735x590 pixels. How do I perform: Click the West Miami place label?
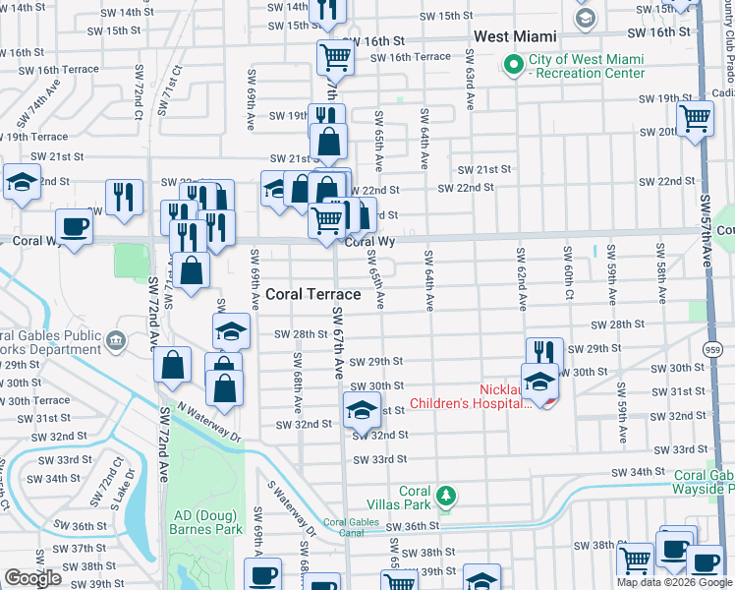(x=515, y=36)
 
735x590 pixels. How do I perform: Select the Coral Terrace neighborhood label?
(x=313, y=294)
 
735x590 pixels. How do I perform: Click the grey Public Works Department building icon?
(x=115, y=341)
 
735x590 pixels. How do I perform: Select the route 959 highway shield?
(x=713, y=348)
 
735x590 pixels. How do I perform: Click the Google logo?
(x=33, y=578)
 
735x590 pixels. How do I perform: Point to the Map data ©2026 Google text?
(x=673, y=582)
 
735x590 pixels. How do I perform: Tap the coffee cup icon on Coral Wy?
(x=75, y=227)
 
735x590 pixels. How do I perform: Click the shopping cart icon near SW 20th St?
(x=696, y=117)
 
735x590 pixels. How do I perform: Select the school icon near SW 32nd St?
(x=362, y=408)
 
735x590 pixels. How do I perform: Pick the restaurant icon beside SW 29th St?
(x=544, y=352)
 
